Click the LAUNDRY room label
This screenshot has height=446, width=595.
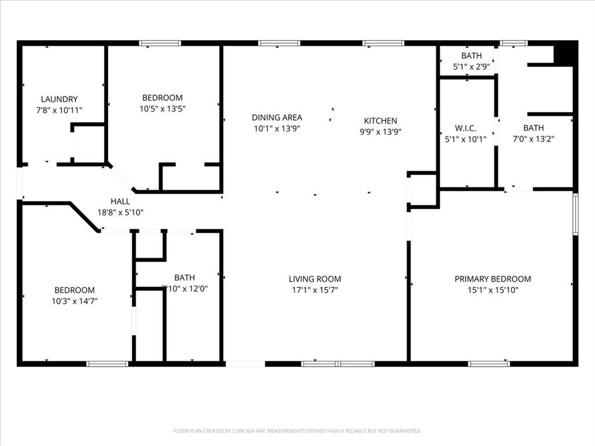[x=59, y=99]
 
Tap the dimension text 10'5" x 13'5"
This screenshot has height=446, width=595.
[x=163, y=109]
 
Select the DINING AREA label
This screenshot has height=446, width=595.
[x=277, y=117]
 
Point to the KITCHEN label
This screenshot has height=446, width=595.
[x=381, y=121]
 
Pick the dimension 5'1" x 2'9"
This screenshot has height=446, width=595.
[x=472, y=66]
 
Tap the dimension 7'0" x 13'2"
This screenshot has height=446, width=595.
[x=534, y=139]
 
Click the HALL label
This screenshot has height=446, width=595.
[x=120, y=202]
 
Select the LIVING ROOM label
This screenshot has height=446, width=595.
[x=315, y=279]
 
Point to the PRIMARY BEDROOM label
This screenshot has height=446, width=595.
[x=493, y=279]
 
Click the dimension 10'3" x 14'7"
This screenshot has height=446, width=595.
[x=75, y=301]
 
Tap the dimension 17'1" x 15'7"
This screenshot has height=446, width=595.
[x=315, y=290]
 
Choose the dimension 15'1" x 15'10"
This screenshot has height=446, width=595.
[x=493, y=290]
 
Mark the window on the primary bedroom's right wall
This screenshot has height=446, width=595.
[x=575, y=214]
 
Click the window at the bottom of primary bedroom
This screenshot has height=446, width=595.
[x=489, y=364]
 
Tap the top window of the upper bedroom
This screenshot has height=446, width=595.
[x=160, y=43]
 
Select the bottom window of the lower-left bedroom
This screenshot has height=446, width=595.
[x=107, y=364]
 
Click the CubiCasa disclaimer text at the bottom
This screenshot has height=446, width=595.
[x=297, y=431]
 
